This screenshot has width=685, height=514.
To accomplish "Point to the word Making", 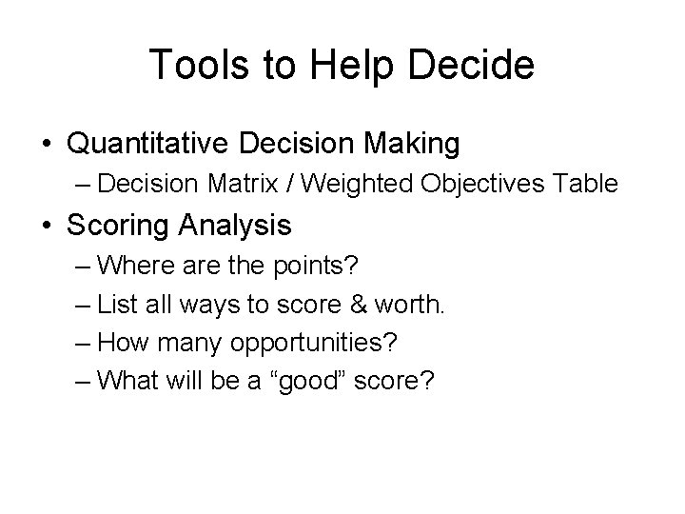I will [410, 145].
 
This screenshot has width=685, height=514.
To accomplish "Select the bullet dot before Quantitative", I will [46, 146].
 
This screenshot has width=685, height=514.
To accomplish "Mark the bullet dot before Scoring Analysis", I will [46, 227].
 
